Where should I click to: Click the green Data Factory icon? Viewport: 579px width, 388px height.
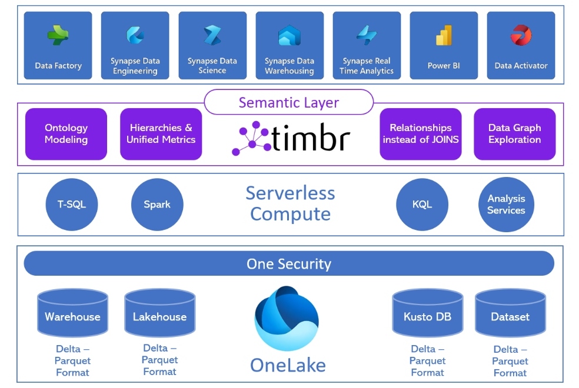58,35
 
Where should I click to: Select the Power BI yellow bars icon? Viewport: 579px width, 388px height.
444,35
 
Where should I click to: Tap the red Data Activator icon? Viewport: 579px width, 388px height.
521,35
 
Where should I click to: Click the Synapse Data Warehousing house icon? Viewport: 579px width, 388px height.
289,35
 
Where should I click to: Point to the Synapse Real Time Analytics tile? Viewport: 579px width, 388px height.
367,45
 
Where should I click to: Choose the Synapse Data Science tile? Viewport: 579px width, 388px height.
212,45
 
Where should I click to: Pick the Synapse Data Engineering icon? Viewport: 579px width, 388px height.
135,35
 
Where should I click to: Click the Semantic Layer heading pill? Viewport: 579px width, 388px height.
289,102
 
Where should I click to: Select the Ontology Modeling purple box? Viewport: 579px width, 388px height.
66,134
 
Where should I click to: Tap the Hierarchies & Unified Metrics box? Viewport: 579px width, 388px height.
161,134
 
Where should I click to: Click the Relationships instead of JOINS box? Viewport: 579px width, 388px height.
421,134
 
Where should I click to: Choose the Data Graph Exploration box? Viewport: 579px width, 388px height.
515,134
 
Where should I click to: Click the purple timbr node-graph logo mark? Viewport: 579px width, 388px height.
251,138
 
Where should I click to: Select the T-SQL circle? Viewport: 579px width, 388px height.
72,205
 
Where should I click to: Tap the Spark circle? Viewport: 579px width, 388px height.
157,205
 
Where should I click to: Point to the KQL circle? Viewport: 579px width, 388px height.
422,205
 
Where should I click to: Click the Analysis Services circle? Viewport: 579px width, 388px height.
506,205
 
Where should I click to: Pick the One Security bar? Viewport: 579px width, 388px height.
289,263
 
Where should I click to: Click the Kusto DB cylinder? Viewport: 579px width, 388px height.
428,313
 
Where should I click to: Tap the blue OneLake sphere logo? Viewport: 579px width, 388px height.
287,318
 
